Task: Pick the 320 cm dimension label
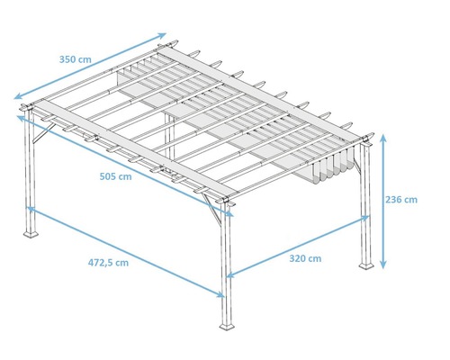coord(306,258)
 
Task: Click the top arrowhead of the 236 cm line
coord(384,137)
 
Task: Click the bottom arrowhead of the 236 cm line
coord(384,265)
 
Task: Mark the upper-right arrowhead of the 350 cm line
coord(164,35)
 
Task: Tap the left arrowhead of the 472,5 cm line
coord(31,209)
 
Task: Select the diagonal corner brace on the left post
coord(39,136)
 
